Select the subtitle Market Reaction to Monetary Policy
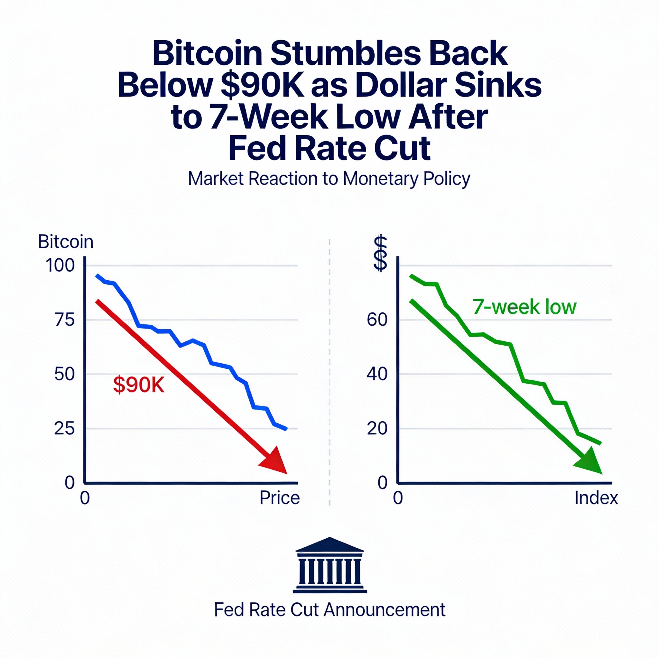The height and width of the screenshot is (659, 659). [x=329, y=178]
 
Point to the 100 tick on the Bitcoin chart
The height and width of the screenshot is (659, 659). [x=60, y=265]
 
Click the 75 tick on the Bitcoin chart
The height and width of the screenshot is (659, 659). [x=64, y=320]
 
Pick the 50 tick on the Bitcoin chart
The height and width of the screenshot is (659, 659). [x=64, y=374]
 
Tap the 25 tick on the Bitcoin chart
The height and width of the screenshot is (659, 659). [x=64, y=428]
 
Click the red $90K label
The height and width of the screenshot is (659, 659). [x=139, y=385]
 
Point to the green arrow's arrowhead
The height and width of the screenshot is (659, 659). [x=590, y=461]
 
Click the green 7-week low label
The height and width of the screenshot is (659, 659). [x=524, y=307]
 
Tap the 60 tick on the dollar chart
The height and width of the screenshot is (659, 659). [x=377, y=320]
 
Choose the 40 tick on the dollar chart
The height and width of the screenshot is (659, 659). [x=377, y=374]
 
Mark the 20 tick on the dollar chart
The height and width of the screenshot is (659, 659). [x=377, y=428]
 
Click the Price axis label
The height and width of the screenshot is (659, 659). [x=280, y=498]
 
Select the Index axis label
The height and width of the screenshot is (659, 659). [x=596, y=498]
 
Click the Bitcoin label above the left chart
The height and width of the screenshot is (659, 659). [x=66, y=242]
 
